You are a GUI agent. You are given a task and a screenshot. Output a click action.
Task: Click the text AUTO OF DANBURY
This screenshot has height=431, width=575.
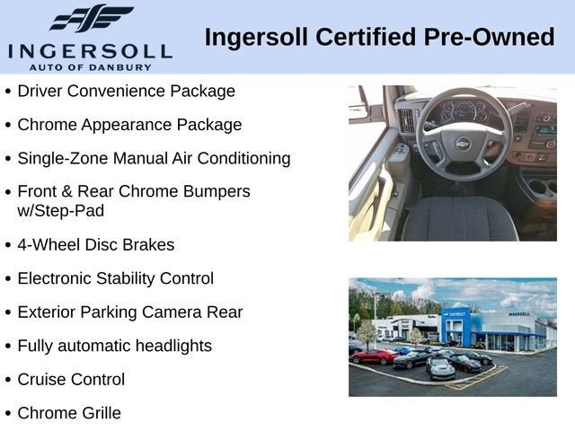(x=90, y=66)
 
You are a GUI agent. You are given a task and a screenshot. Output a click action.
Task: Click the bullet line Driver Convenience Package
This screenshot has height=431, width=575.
(x=126, y=91)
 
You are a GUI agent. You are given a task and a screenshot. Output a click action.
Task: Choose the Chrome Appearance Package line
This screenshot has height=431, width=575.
(x=129, y=125)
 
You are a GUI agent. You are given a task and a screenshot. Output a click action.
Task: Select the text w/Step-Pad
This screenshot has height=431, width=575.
(x=59, y=210)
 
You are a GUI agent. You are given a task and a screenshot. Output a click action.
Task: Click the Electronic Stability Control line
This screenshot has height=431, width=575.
(x=115, y=278)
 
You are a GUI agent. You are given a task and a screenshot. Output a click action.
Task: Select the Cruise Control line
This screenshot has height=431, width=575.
(x=71, y=380)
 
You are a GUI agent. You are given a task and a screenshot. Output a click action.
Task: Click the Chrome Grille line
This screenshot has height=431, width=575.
(x=69, y=413)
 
